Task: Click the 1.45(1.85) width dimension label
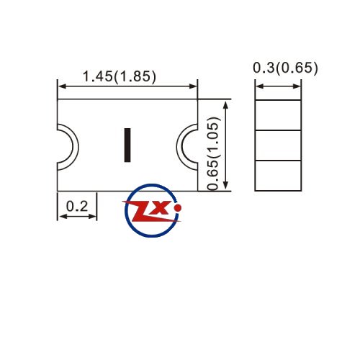120,76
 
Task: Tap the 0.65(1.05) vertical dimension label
213,153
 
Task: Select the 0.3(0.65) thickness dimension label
285,68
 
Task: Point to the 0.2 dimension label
77,206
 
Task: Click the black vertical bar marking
127,145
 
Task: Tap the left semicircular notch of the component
76,147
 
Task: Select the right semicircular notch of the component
179,147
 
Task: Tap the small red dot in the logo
178,208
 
